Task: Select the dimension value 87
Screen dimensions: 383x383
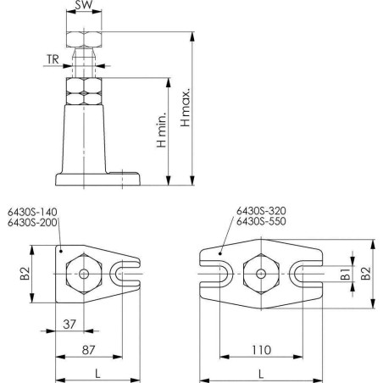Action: (88, 349)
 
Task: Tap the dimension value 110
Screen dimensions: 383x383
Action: (260, 349)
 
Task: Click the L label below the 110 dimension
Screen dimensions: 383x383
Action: (260, 373)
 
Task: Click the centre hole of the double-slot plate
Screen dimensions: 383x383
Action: (260, 274)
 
